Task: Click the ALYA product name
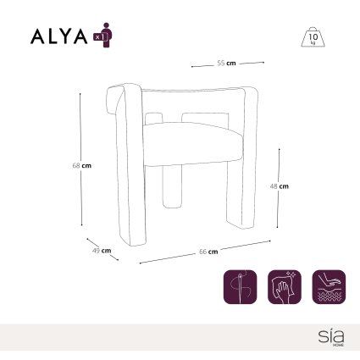click(x=58, y=36)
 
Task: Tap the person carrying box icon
click(x=103, y=35)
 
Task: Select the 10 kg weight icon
click(x=313, y=37)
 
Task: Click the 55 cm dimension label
click(x=226, y=64)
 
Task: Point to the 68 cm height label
click(x=82, y=165)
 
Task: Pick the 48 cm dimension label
click(x=280, y=186)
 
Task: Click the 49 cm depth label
click(x=102, y=251)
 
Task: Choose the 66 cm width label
click(x=208, y=252)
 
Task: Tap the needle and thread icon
click(x=241, y=287)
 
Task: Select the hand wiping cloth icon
click(x=285, y=287)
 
